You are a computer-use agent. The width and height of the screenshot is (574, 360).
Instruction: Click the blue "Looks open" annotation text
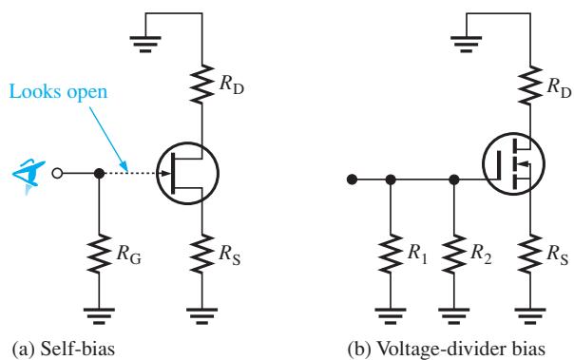click(58, 92)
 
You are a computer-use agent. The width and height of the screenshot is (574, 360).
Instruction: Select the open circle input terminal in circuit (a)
click(57, 173)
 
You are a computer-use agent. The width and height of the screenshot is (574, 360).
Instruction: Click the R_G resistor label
click(129, 254)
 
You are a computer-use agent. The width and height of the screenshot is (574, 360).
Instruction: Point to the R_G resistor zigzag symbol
click(99, 254)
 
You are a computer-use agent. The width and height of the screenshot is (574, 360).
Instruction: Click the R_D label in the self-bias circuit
click(232, 85)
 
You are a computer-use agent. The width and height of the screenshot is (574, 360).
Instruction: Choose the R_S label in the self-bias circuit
click(230, 254)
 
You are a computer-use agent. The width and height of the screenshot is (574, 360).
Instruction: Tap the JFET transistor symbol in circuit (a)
click(187, 173)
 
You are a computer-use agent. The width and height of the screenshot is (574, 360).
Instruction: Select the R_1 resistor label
click(417, 254)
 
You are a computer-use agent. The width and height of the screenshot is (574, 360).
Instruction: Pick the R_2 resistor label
click(481, 254)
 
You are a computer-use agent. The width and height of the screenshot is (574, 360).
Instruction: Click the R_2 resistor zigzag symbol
click(454, 254)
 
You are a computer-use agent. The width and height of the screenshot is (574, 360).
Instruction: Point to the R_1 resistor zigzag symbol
click(391, 254)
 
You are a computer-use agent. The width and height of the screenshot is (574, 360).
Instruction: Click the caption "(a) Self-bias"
click(64, 349)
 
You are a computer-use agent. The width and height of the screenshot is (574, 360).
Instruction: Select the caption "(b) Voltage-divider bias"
click(446, 349)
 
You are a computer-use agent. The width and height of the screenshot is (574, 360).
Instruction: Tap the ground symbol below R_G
click(99, 316)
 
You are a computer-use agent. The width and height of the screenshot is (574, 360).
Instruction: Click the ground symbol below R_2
click(454, 316)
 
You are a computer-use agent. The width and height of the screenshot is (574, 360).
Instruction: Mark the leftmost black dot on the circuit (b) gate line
click(352, 180)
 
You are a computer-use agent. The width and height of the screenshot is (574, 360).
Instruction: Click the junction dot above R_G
click(99, 173)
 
